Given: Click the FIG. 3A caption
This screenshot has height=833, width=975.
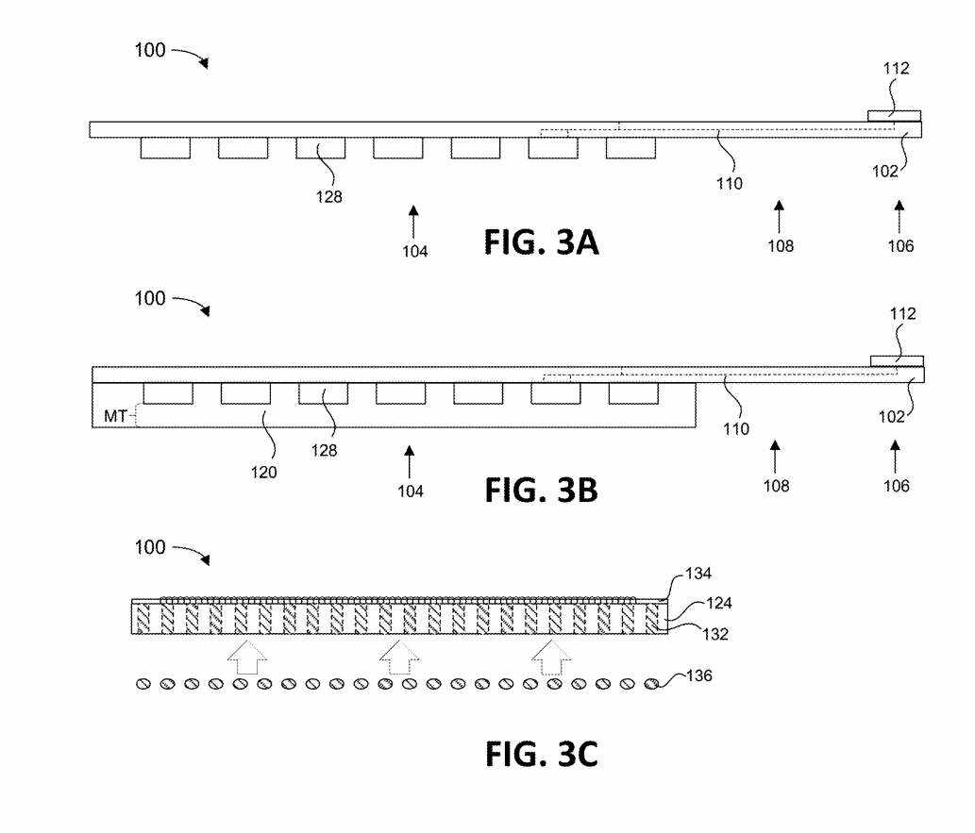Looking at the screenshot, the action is [x=541, y=242].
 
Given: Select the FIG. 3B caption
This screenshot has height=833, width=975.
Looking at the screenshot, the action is [x=541, y=490].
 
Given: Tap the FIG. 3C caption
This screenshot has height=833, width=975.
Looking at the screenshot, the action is [x=541, y=754].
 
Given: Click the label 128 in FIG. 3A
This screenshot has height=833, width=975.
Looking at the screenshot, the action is [x=329, y=197].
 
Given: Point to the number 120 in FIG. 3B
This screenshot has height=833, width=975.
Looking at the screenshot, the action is [x=263, y=473].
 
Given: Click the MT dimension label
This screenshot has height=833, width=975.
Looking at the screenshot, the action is [x=115, y=416].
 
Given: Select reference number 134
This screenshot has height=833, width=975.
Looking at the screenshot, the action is [x=698, y=574].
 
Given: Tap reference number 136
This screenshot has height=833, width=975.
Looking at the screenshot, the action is [x=698, y=675].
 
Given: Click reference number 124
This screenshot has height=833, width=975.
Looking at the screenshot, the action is [x=719, y=603].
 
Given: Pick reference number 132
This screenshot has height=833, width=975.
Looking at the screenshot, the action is [x=715, y=634].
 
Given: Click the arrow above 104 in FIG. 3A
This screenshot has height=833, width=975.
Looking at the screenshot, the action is [x=413, y=222].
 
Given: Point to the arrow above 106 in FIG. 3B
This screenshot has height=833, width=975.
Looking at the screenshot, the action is [x=895, y=457].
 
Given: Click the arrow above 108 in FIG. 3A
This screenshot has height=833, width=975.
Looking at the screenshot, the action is [x=779, y=216].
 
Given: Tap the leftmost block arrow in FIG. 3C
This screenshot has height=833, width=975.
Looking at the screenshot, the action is [x=247, y=658].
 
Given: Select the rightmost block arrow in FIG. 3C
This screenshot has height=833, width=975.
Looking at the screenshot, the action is [x=551, y=658].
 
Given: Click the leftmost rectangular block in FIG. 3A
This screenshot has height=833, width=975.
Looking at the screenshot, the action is [x=165, y=148].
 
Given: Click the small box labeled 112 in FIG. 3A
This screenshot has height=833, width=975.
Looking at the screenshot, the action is [x=894, y=116].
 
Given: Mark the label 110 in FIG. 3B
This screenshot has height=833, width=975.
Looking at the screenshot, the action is [x=736, y=429].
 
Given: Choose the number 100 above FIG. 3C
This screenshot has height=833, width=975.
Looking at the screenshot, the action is [x=150, y=547].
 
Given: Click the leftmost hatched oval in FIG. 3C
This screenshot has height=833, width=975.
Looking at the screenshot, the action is [x=143, y=685].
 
